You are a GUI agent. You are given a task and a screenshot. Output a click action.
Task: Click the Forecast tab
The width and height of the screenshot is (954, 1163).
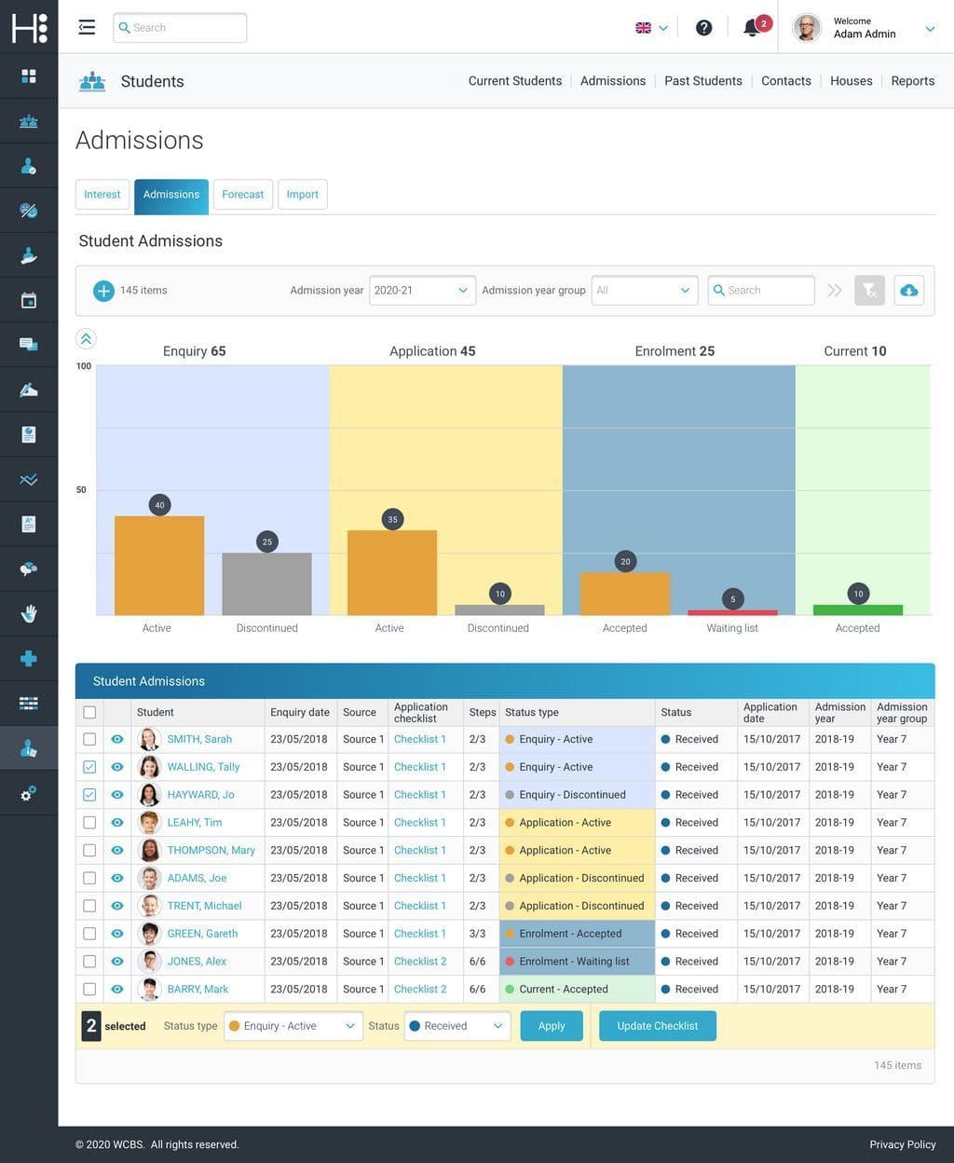pyautogui.click(x=242, y=195)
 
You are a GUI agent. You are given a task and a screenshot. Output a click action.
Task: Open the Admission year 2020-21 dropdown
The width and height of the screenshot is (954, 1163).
pyautogui.click(x=422, y=291)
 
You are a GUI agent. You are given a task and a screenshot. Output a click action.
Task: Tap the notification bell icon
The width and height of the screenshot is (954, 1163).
pyautogui.click(x=752, y=28)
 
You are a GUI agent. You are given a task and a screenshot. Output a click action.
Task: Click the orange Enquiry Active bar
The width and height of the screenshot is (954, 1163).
pyautogui.click(x=159, y=566)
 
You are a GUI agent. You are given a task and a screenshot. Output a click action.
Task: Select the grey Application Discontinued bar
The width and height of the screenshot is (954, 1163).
pyautogui.click(x=499, y=610)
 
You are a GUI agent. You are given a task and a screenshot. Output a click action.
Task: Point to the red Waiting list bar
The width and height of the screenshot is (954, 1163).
pyautogui.click(x=732, y=613)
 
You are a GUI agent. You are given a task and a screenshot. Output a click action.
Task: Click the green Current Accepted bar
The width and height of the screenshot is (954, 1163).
pyautogui.click(x=858, y=610)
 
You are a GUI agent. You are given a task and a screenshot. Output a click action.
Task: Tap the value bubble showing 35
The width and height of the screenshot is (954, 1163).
pyautogui.click(x=392, y=520)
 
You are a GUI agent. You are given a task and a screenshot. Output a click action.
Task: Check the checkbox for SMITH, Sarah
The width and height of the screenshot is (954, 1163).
pyautogui.click(x=89, y=739)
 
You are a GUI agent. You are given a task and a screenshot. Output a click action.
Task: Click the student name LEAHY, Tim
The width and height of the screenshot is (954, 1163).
pyautogui.click(x=194, y=823)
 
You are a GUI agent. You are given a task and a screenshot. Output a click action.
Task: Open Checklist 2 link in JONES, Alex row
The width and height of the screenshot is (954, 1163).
pyautogui.click(x=420, y=962)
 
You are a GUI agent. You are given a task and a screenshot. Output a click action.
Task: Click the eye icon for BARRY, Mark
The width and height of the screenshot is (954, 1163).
pyautogui.click(x=117, y=990)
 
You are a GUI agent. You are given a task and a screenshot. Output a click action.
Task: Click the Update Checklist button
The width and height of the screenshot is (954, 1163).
pyautogui.click(x=657, y=1026)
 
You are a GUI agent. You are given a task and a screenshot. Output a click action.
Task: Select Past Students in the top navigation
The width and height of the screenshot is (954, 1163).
pyautogui.click(x=703, y=81)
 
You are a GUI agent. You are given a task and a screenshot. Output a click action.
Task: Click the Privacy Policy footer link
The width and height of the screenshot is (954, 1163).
pyautogui.click(x=902, y=1144)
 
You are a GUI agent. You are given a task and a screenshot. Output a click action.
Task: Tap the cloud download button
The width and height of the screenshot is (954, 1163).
pyautogui.click(x=909, y=291)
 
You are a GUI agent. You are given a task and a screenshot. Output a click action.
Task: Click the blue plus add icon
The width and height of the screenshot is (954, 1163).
pyautogui.click(x=103, y=291)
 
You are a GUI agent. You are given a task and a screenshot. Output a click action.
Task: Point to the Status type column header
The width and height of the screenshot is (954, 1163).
pyautogui.click(x=532, y=713)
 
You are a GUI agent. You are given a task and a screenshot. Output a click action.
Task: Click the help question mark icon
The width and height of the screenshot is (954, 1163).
pyautogui.click(x=704, y=28)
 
